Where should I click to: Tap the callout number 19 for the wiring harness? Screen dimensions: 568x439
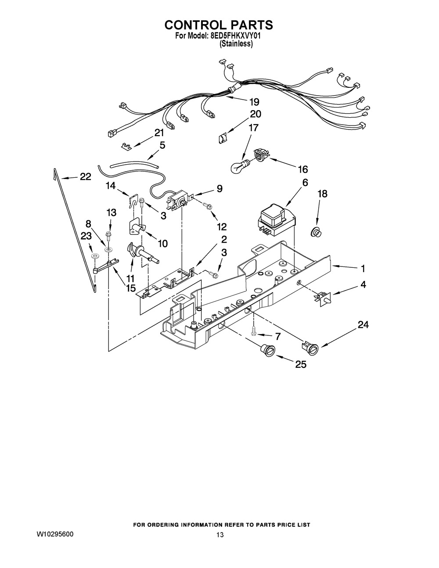254,102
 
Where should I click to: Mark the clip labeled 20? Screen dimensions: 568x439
223,138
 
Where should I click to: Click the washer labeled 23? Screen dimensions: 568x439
94,256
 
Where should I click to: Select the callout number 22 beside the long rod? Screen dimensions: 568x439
85,177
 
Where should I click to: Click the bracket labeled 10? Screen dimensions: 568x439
136,227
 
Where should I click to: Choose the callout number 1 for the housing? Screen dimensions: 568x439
362,268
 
